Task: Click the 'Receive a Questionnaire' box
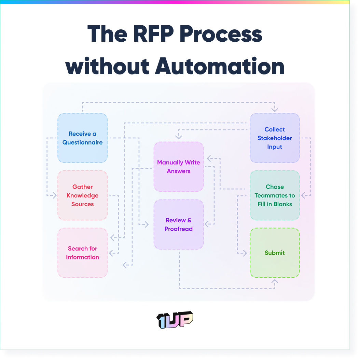82,138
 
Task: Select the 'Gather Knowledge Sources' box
82,195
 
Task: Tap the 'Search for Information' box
82,253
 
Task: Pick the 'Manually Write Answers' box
178,167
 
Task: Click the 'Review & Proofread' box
178,224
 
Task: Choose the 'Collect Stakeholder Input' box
275,138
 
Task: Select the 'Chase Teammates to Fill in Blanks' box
275,195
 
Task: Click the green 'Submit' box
275,253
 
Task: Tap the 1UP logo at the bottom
175,320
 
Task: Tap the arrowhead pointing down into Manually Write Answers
178,137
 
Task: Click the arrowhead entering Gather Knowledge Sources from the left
54,195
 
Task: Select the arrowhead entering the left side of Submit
244,253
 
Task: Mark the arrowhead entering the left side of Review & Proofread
147,224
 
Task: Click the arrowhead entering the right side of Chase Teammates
304,195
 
